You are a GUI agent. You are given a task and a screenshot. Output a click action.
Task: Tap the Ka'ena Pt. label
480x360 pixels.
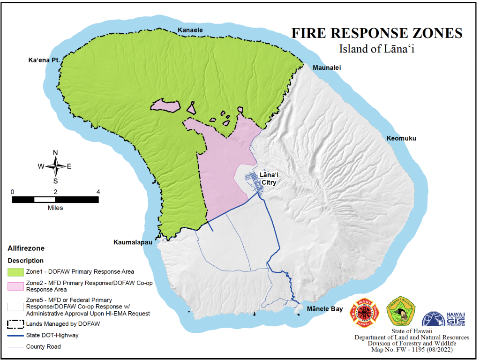44,60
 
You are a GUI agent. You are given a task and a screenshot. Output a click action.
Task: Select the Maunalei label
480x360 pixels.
327,68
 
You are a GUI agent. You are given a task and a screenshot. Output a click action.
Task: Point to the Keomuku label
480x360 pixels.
401,138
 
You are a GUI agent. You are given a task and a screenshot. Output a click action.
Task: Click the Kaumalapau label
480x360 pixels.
133,242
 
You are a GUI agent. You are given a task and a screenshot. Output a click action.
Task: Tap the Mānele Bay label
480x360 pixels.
324,309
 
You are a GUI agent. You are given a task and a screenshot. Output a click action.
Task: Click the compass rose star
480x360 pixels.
55,166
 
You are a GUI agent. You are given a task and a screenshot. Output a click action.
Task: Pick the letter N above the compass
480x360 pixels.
55,152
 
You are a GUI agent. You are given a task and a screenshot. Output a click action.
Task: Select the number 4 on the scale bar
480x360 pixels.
98,191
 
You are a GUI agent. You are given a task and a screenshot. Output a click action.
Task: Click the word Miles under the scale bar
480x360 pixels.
55,208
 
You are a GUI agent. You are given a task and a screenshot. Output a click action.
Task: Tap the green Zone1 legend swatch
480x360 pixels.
15,272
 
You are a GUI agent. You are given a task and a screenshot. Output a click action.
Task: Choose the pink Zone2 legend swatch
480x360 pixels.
15,285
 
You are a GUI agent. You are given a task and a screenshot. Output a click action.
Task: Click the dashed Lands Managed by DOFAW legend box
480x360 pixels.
15,323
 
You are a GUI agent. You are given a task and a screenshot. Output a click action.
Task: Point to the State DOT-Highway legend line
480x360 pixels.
15,335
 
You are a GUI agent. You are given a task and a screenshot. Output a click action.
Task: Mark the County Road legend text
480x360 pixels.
43,347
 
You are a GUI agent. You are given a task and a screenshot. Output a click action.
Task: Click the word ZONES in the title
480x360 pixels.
430,33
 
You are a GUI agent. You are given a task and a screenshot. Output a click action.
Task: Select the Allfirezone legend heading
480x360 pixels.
26,248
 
